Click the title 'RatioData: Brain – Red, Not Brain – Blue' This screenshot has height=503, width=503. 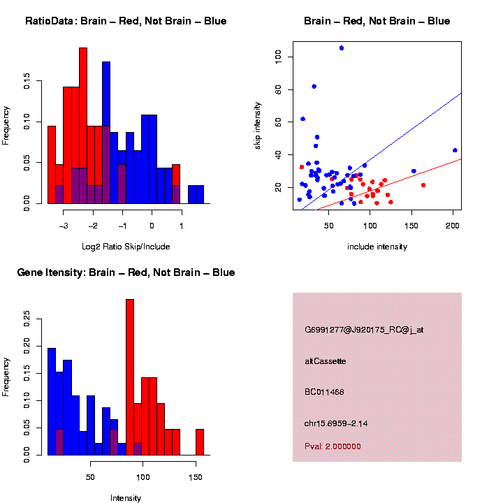[x=126, y=21]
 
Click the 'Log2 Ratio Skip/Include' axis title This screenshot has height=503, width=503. [x=126, y=247]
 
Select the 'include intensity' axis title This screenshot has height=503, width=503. [x=377, y=247]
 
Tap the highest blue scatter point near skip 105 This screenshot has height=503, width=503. [x=342, y=48]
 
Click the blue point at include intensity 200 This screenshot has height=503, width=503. [x=455, y=150]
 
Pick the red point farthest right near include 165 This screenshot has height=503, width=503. [x=423, y=185]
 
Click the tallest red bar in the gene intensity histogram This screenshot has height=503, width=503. [x=130, y=377]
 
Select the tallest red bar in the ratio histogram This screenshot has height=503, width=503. [x=83, y=126]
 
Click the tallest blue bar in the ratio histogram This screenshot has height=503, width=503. [x=106, y=133]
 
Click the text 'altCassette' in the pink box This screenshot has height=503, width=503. [x=326, y=361]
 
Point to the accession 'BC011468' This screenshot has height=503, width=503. [x=325, y=393]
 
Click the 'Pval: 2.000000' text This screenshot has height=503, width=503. [x=333, y=446]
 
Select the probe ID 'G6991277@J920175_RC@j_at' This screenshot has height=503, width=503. [x=364, y=329]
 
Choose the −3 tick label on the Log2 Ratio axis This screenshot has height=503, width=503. [x=63, y=226]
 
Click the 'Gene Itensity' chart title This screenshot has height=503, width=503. [x=126, y=272]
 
